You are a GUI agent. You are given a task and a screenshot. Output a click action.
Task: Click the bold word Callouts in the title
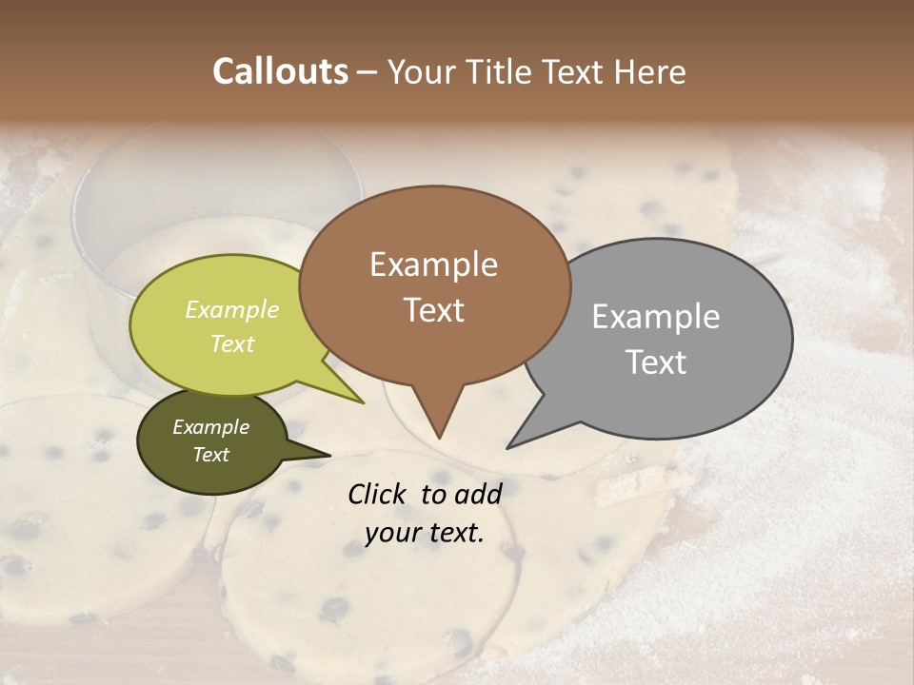coord(280,71)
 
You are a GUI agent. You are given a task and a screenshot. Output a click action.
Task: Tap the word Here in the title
coord(650,71)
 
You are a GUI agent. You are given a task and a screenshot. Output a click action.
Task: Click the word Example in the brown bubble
coord(433,264)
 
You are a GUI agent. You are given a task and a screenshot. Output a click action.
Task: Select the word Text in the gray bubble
coord(656,362)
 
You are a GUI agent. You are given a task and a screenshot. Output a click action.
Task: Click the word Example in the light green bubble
coord(232,309)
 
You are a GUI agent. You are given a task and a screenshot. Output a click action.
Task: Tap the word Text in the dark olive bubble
coord(210,455)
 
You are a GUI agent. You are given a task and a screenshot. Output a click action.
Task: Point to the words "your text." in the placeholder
coord(425,533)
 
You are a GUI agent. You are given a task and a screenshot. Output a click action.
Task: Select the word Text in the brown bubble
coord(434,310)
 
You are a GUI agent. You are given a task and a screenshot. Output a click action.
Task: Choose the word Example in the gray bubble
coord(656,317)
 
